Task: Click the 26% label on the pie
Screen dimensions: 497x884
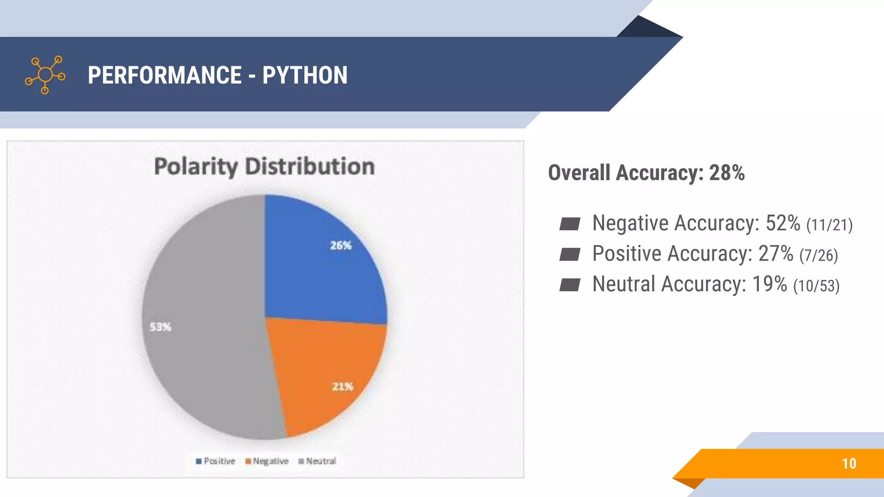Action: (x=341, y=245)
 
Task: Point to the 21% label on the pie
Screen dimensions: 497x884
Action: (x=342, y=386)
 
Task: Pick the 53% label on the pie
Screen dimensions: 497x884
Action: (x=160, y=327)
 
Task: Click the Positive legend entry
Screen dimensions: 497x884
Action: (x=215, y=461)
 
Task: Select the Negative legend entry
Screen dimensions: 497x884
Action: (x=267, y=461)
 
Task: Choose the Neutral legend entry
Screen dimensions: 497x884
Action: (x=317, y=461)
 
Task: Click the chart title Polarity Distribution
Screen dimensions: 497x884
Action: (x=264, y=167)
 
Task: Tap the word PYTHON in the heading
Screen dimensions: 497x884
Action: (x=305, y=75)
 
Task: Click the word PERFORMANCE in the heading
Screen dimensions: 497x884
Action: (x=164, y=75)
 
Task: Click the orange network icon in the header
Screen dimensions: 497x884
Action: (x=45, y=75)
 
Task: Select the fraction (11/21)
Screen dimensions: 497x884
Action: (x=829, y=225)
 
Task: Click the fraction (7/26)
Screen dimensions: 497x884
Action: (x=818, y=255)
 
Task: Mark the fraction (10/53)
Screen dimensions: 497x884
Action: (x=816, y=286)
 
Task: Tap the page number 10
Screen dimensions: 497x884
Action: (x=849, y=463)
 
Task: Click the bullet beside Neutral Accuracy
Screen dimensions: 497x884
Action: (x=569, y=285)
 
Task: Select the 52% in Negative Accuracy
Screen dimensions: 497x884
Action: (x=783, y=223)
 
